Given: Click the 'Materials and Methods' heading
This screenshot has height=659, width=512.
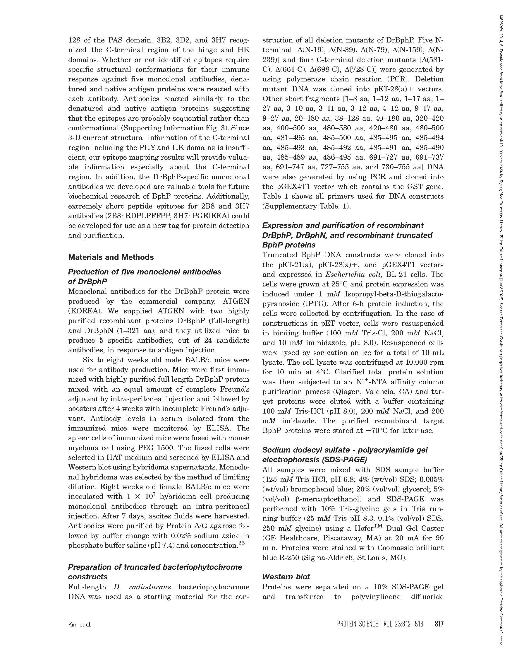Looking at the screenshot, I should pos(111,257).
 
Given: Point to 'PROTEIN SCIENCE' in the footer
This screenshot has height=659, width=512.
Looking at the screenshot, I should pos(358,624).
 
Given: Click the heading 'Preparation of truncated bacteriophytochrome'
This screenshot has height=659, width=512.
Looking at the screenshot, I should pos(155,567).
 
